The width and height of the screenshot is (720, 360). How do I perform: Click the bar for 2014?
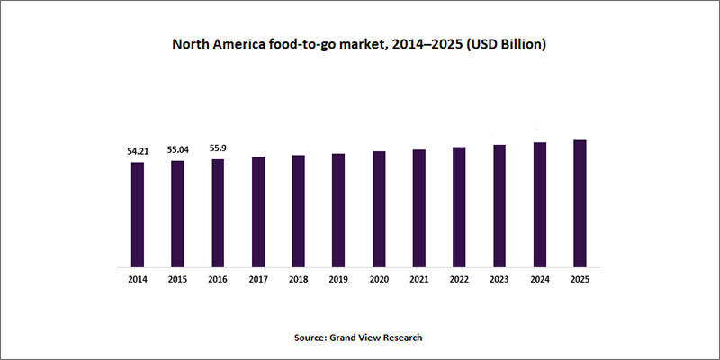137,214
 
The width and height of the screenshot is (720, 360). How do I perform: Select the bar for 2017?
258,211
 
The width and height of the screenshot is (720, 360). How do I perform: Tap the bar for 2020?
379,209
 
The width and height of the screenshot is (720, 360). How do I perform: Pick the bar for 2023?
499,205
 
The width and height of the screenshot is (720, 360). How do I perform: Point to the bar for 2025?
580,203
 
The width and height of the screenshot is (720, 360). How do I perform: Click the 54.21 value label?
137,152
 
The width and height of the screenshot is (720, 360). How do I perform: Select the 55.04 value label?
177,150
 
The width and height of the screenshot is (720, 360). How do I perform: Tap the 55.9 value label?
218,148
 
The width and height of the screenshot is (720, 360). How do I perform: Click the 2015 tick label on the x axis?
177,281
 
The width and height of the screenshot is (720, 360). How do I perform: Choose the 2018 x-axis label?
298,281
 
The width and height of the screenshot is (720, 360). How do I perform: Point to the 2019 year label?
338,281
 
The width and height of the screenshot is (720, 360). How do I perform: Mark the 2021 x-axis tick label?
419,281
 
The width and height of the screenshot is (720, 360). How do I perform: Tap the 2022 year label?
459,281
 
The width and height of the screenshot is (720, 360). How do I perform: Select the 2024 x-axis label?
540,281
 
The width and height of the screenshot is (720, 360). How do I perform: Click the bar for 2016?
218,213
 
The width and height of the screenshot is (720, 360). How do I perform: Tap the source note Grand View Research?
378,337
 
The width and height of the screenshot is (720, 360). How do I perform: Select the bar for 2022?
459,207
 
